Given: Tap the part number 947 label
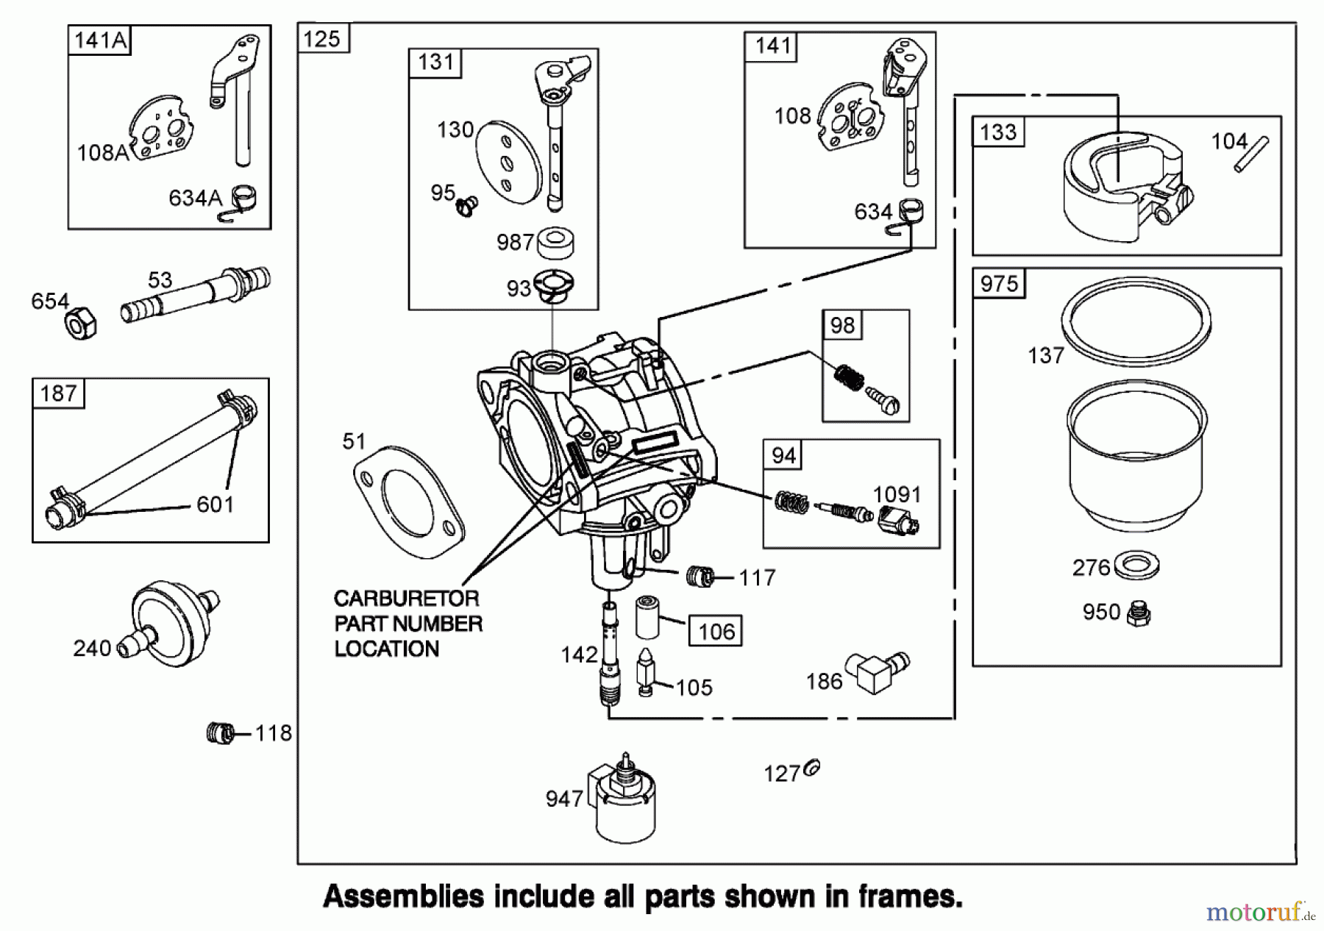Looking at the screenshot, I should [564, 799].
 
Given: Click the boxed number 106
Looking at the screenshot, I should [716, 631].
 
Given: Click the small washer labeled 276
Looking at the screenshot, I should [1137, 566].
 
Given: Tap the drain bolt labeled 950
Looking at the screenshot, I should [1139, 614].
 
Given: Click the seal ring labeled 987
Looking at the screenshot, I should [555, 243].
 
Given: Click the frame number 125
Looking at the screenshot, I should [322, 39].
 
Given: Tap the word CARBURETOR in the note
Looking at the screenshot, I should [406, 598].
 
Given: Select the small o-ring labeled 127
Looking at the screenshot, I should [812, 769].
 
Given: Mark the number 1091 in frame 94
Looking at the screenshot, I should [897, 494].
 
